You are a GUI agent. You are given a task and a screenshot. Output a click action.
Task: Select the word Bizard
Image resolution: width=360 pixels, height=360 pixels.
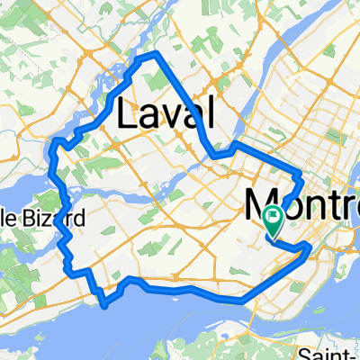click(57, 218)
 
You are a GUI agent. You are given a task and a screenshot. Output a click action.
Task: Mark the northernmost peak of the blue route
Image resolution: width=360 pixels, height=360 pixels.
click(148, 55)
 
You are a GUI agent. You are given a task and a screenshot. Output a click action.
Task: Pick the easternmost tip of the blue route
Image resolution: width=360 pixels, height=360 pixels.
click(310, 244)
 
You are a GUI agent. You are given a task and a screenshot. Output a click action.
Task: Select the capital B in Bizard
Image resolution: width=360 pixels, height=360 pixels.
click(36, 218)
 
